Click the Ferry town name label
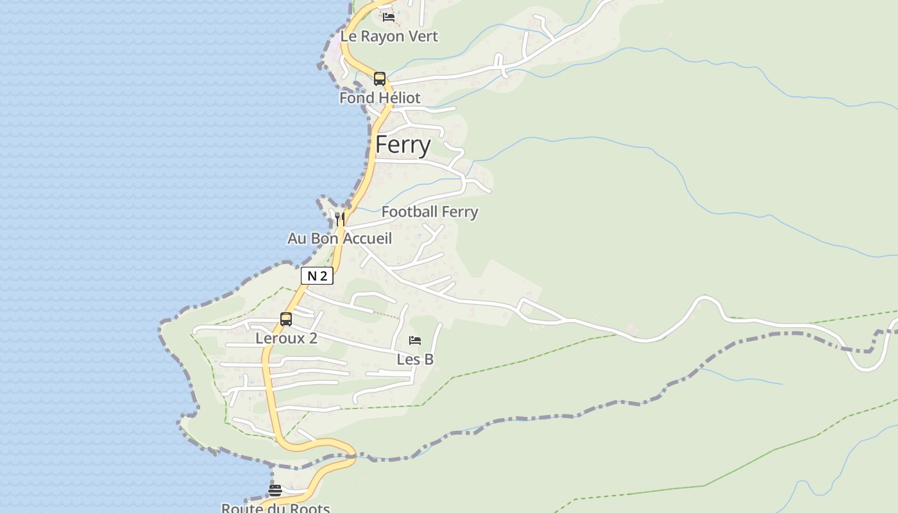[403, 145]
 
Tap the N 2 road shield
[317, 276]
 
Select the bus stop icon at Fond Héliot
[380, 79]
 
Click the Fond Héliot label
[380, 98]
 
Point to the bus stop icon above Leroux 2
[286, 319]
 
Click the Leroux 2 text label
[286, 338]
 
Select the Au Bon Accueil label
[339, 239]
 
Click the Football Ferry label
[430, 212]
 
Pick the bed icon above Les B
[415, 341]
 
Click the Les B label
[415, 359]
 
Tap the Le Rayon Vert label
[389, 37]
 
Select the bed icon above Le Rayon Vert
[389, 17]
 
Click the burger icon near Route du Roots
[275, 491]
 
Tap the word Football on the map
[409, 212]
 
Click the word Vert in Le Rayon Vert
[424, 37]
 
